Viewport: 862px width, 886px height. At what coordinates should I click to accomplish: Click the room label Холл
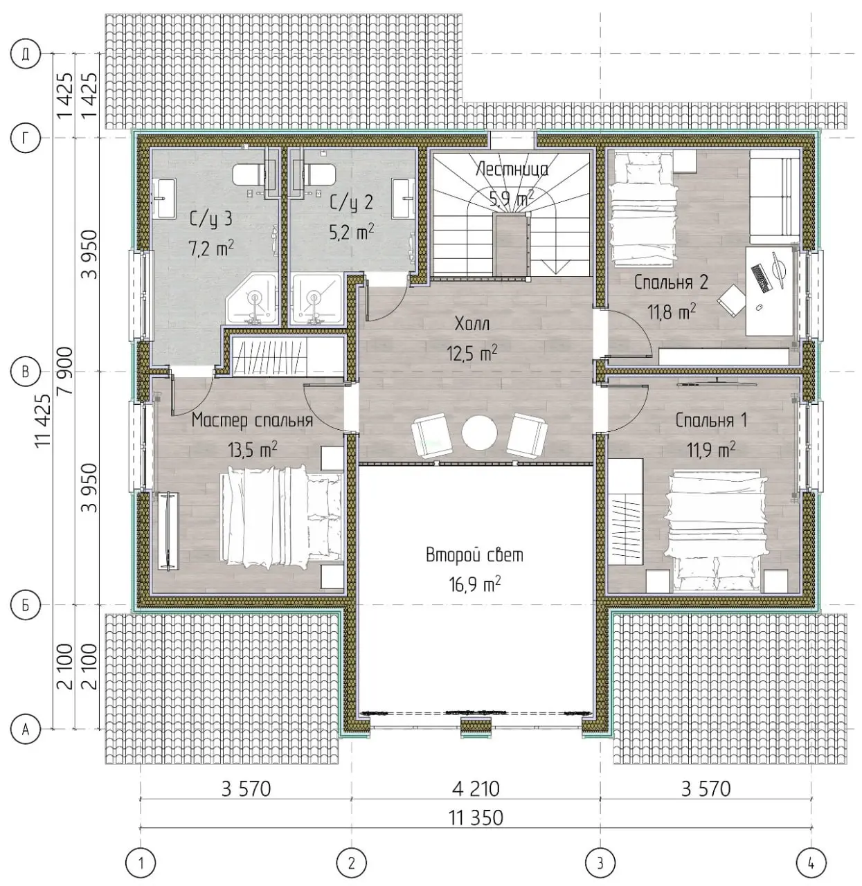tap(472, 324)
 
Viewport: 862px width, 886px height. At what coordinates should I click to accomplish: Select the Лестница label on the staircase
tap(512, 170)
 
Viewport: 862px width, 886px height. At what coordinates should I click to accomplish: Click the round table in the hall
tap(479, 433)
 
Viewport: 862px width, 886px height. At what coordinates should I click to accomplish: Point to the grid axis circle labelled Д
tap(26, 54)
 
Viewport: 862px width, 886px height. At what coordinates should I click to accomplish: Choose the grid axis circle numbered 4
tap(811, 863)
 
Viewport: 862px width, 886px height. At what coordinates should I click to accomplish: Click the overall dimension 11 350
tap(476, 818)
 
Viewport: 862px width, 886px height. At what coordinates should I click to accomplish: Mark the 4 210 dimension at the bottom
tap(476, 789)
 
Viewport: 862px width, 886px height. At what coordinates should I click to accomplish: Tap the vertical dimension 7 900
tap(65, 372)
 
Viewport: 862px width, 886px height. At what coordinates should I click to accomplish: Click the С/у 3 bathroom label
tap(211, 219)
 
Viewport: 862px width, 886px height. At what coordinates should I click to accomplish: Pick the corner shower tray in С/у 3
tap(251, 299)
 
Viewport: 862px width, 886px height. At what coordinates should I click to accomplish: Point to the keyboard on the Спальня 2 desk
tap(760, 278)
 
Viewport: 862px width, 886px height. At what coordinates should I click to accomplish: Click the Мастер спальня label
tap(252, 420)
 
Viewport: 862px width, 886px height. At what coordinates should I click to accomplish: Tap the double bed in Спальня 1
tap(717, 532)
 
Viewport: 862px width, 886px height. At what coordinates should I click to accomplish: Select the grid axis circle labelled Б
tap(26, 605)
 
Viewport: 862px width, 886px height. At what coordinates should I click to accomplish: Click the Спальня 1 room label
tap(711, 420)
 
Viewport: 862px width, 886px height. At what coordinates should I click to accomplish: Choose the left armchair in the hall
tap(431, 435)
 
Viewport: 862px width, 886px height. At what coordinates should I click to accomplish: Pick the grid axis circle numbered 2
tap(351, 863)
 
